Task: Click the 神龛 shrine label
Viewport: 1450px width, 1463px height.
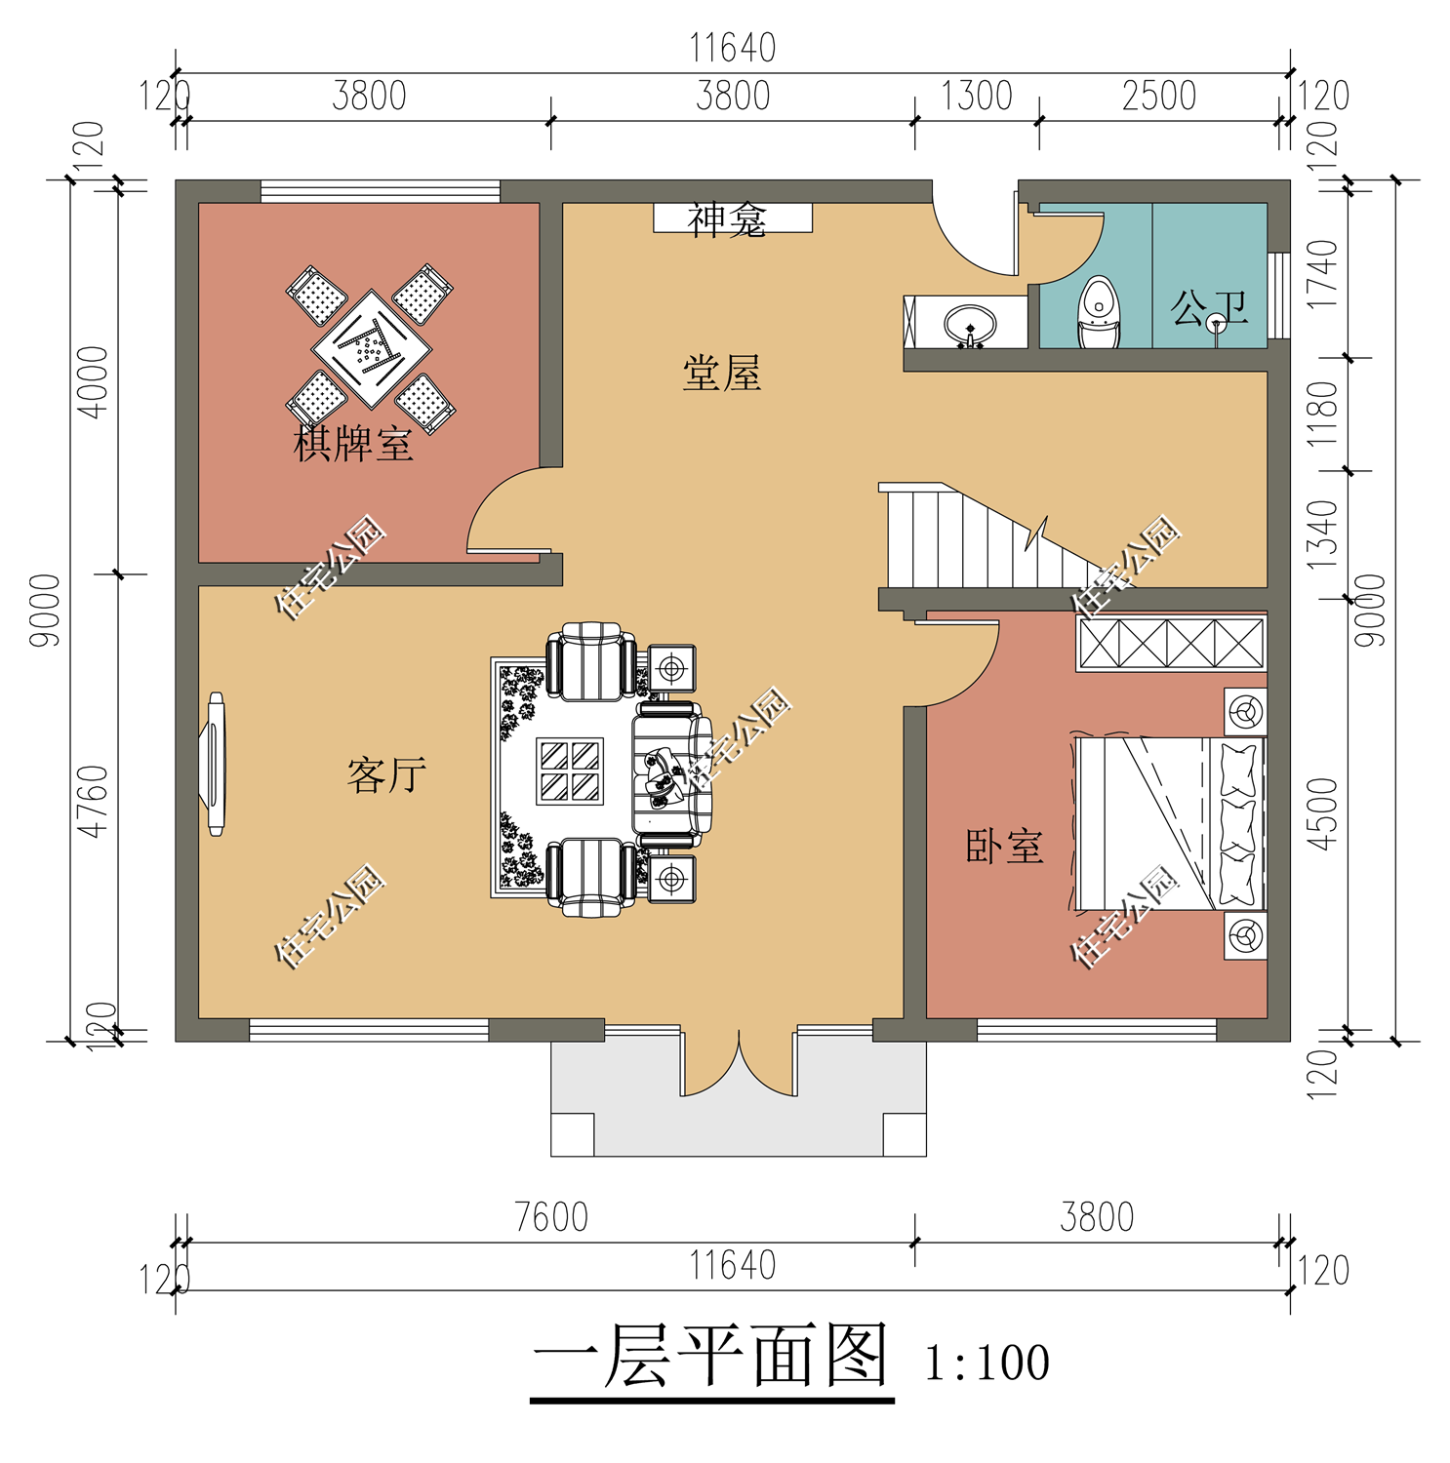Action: pos(727,220)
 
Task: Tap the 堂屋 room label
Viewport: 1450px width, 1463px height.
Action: pos(722,374)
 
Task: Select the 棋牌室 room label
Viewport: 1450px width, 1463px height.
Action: pos(353,444)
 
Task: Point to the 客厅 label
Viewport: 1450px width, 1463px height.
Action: pos(386,775)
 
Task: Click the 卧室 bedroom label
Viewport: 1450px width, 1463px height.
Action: pos(1004,847)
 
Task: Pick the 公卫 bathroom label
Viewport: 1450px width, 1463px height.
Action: pos(1210,308)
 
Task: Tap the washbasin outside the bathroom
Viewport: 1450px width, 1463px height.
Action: pos(970,326)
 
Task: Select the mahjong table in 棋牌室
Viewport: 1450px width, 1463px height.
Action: pos(371,348)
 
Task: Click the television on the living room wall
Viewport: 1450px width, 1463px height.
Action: pos(216,764)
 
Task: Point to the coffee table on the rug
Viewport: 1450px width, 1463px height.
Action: pos(570,771)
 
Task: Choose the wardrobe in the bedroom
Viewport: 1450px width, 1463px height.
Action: pos(1171,644)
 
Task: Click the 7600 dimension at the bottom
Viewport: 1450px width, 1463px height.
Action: pos(551,1217)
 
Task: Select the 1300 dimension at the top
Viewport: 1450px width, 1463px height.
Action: pos(977,97)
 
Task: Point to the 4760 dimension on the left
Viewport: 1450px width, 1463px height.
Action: pos(93,801)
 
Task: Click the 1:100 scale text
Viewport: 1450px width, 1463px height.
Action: pos(987,1363)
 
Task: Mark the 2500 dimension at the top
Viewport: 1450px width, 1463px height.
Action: pos(1159,97)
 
